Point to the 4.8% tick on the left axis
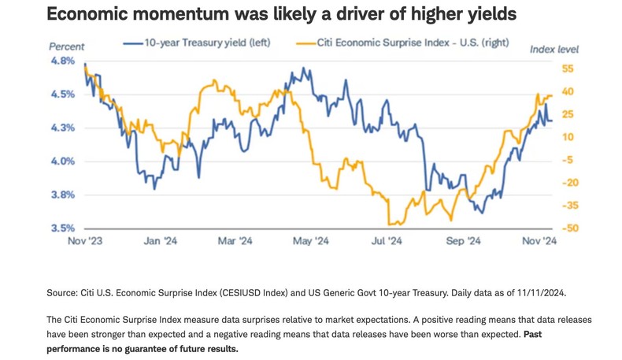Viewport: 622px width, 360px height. click(x=63, y=60)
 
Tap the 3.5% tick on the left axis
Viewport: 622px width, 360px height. click(x=63, y=228)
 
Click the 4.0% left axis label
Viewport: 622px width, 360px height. click(x=63, y=161)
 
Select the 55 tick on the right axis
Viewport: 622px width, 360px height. click(x=569, y=69)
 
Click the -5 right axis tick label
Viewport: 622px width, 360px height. click(x=570, y=160)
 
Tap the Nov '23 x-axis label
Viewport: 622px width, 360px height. click(x=83, y=241)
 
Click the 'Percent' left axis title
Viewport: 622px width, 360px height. click(x=66, y=46)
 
